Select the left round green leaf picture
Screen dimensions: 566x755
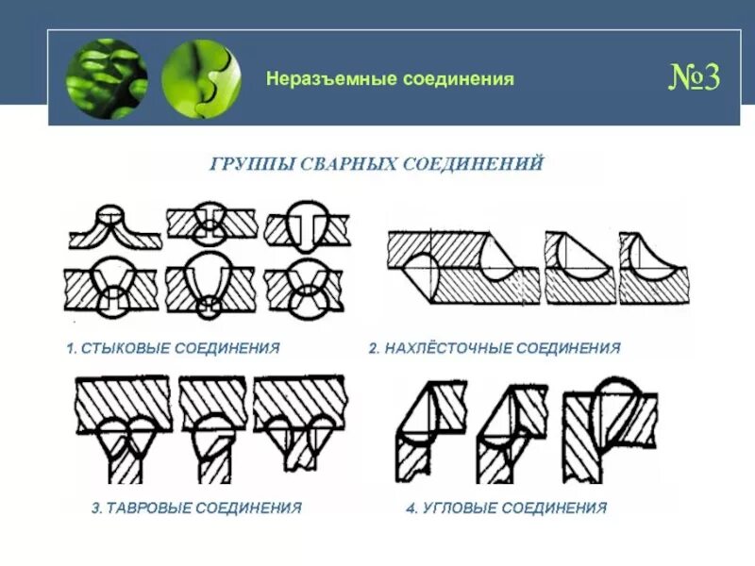(107, 78)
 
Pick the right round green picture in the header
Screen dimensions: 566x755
(201, 78)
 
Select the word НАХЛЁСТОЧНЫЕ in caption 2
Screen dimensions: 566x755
(453, 348)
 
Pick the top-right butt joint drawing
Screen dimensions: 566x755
(307, 226)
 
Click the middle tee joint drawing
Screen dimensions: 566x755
(211, 424)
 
